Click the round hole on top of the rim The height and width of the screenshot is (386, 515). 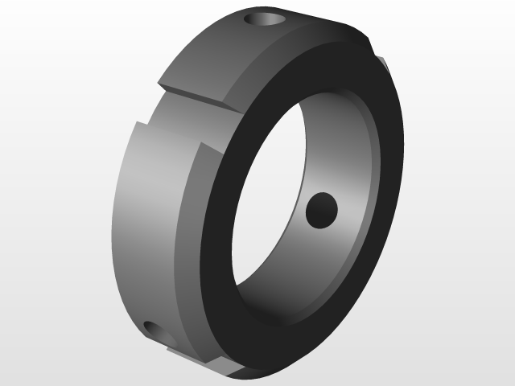click(x=267, y=18)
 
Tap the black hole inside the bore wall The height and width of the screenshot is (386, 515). click(x=322, y=211)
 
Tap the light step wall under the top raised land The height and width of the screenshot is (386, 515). click(x=201, y=96)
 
